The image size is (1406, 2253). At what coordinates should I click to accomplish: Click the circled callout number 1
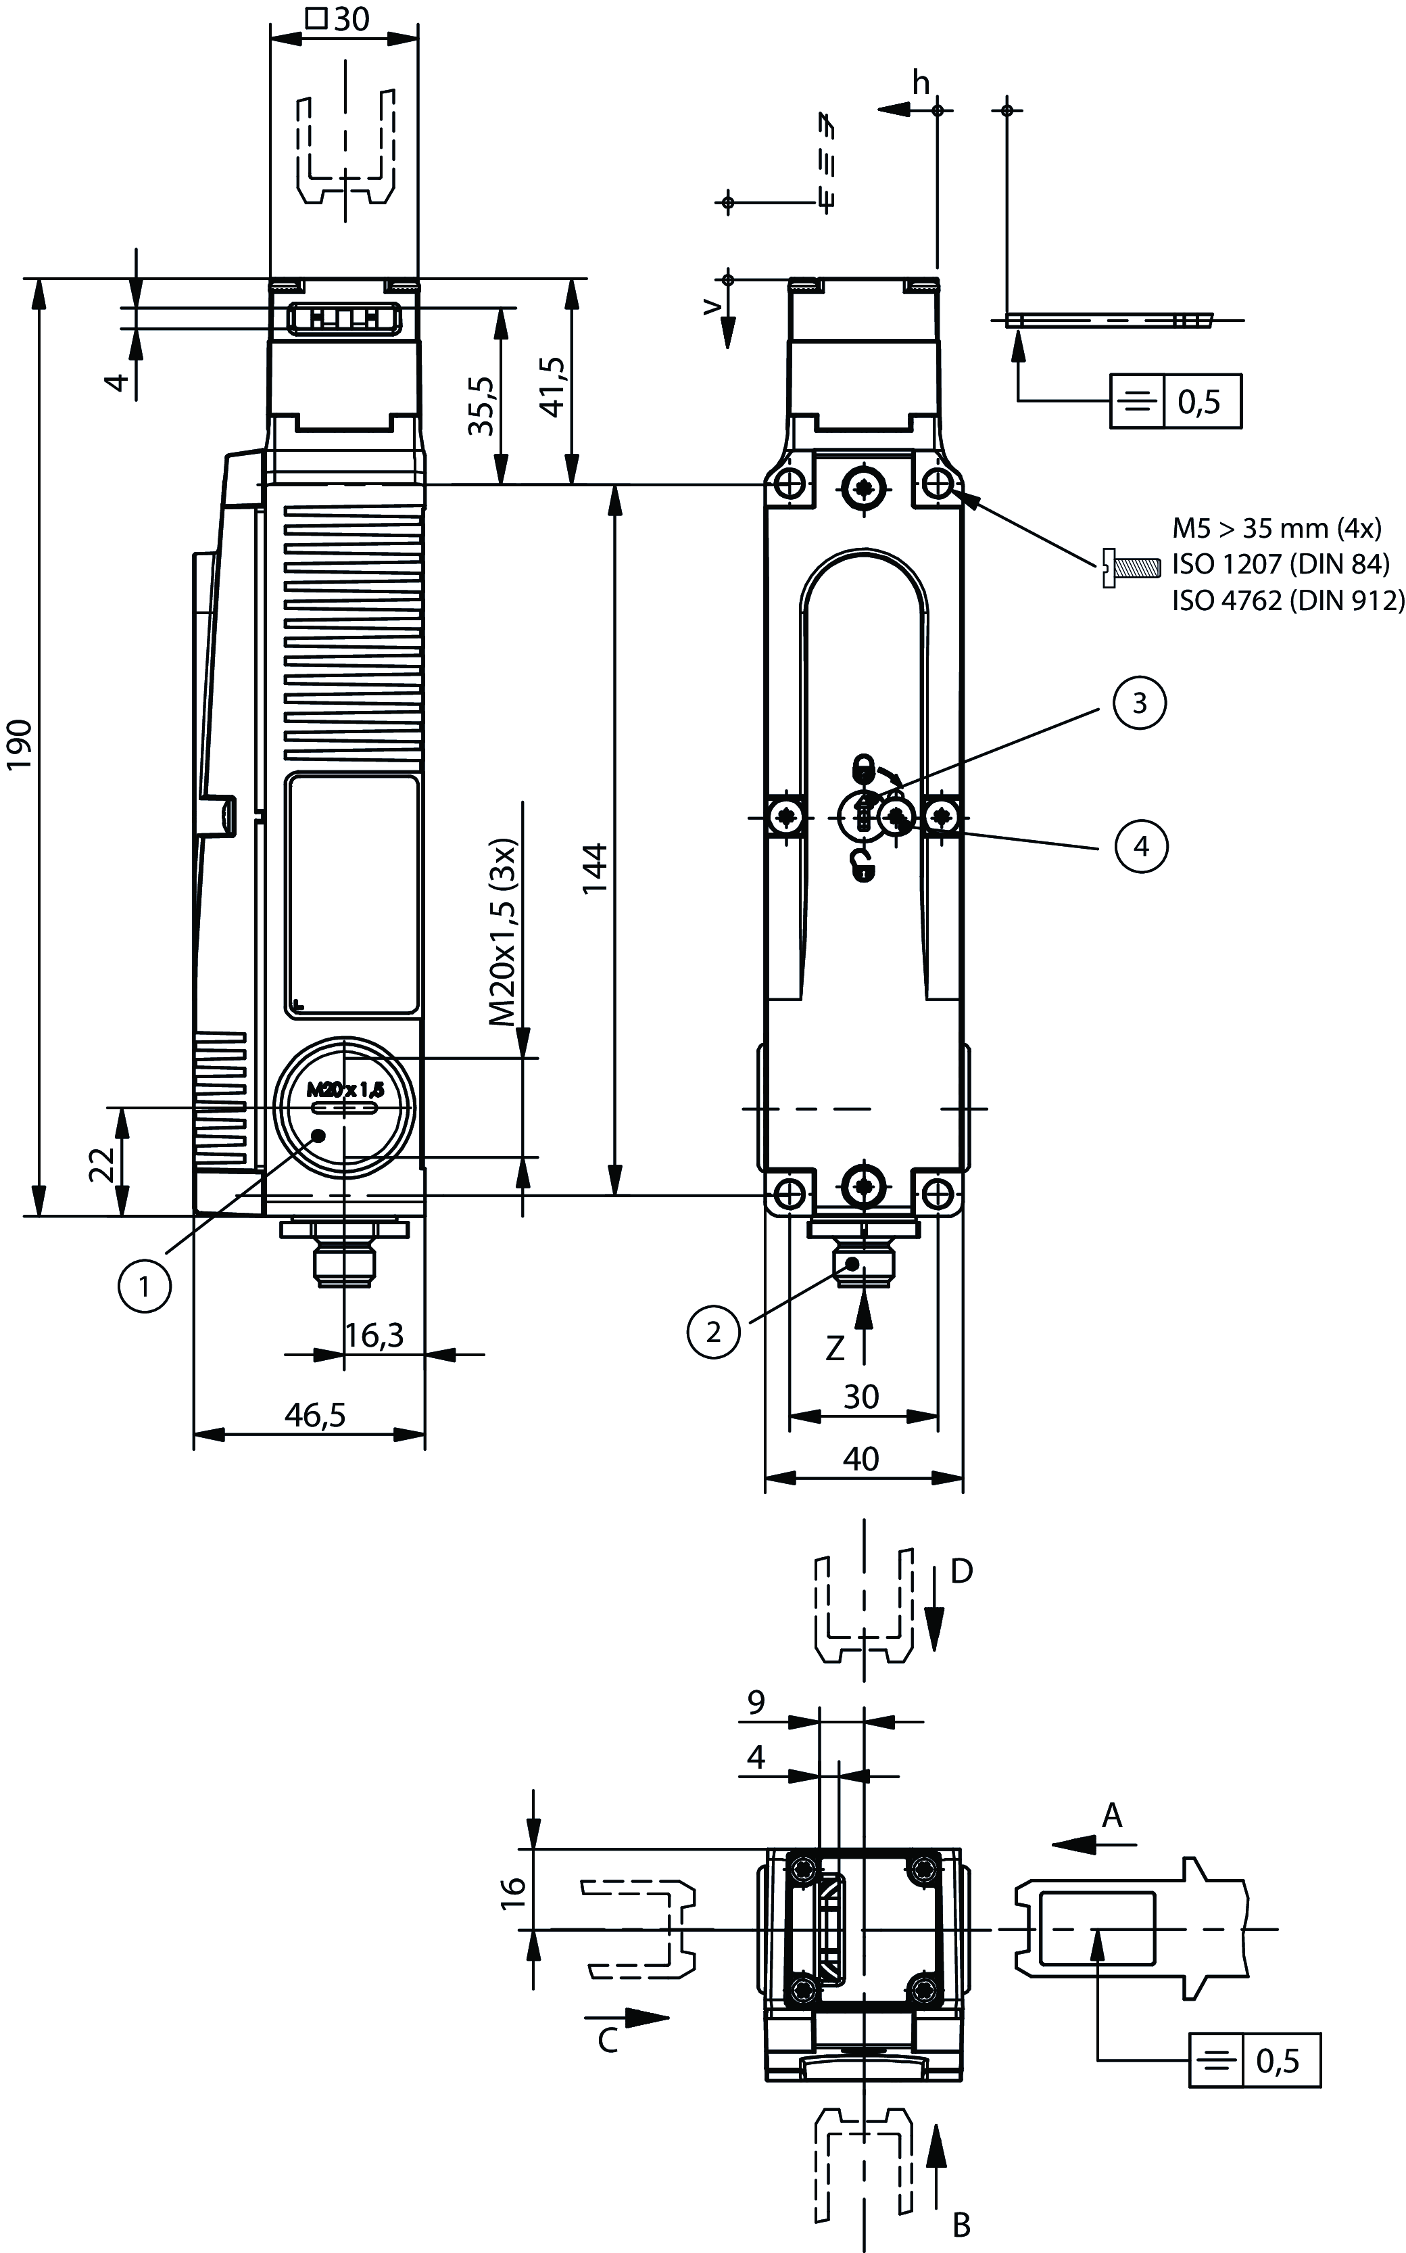point(144,1286)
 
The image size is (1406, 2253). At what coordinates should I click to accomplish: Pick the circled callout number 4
point(1141,847)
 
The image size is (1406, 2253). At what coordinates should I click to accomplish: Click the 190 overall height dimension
point(20,744)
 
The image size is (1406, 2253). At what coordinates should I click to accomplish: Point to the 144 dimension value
point(595,868)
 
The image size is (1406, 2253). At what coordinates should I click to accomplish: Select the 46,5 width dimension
point(315,1415)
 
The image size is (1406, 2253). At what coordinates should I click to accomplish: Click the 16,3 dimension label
point(374,1336)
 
